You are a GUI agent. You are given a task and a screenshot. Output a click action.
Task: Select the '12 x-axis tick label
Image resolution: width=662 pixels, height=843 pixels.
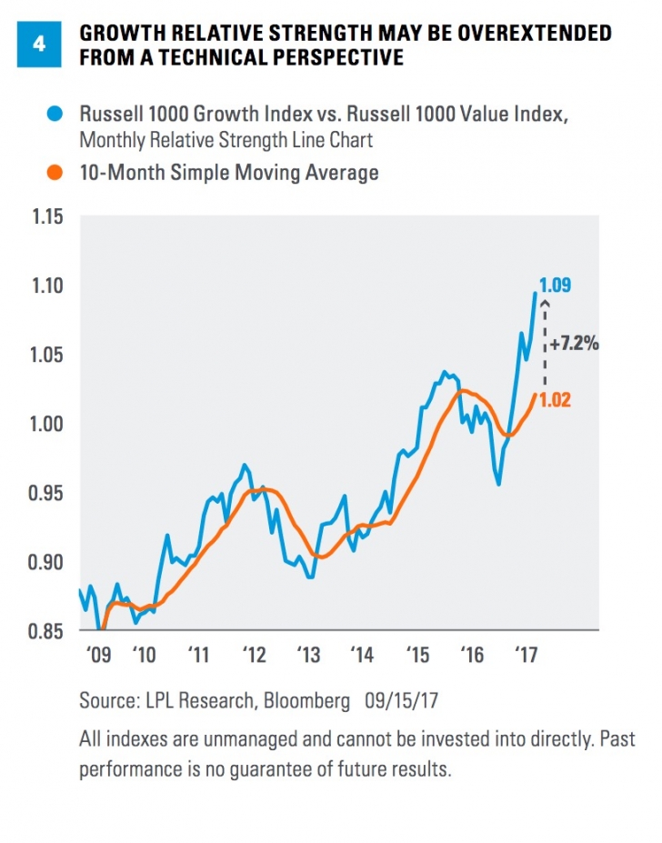coord(254,654)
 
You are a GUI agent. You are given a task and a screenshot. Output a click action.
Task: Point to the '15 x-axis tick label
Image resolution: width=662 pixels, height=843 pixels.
coord(417,654)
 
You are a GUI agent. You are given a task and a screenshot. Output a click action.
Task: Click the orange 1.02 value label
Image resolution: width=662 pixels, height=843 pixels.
coord(555,400)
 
